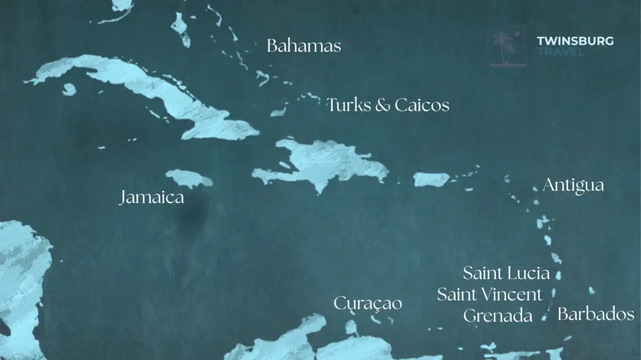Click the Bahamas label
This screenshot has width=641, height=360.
pyautogui.click(x=304, y=46)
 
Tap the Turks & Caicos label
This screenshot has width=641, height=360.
pyautogui.click(x=387, y=105)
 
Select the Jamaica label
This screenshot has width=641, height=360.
pyautogui.click(x=152, y=199)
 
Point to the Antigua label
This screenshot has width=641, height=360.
pyautogui.click(x=573, y=186)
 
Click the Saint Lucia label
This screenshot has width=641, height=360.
pyautogui.click(x=506, y=273)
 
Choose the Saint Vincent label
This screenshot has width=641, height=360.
pyautogui.click(x=490, y=294)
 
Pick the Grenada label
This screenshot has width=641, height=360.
pyautogui.click(x=498, y=316)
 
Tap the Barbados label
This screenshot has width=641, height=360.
pyautogui.click(x=595, y=314)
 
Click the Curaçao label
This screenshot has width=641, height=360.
pyautogui.click(x=367, y=304)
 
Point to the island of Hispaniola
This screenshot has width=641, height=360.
pyautogui.click(x=326, y=162)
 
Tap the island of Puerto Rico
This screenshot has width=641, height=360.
pyautogui.click(x=431, y=180)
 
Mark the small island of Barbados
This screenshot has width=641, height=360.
pyautogui.click(x=592, y=291)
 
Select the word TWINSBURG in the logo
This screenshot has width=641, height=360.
pyautogui.click(x=575, y=41)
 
